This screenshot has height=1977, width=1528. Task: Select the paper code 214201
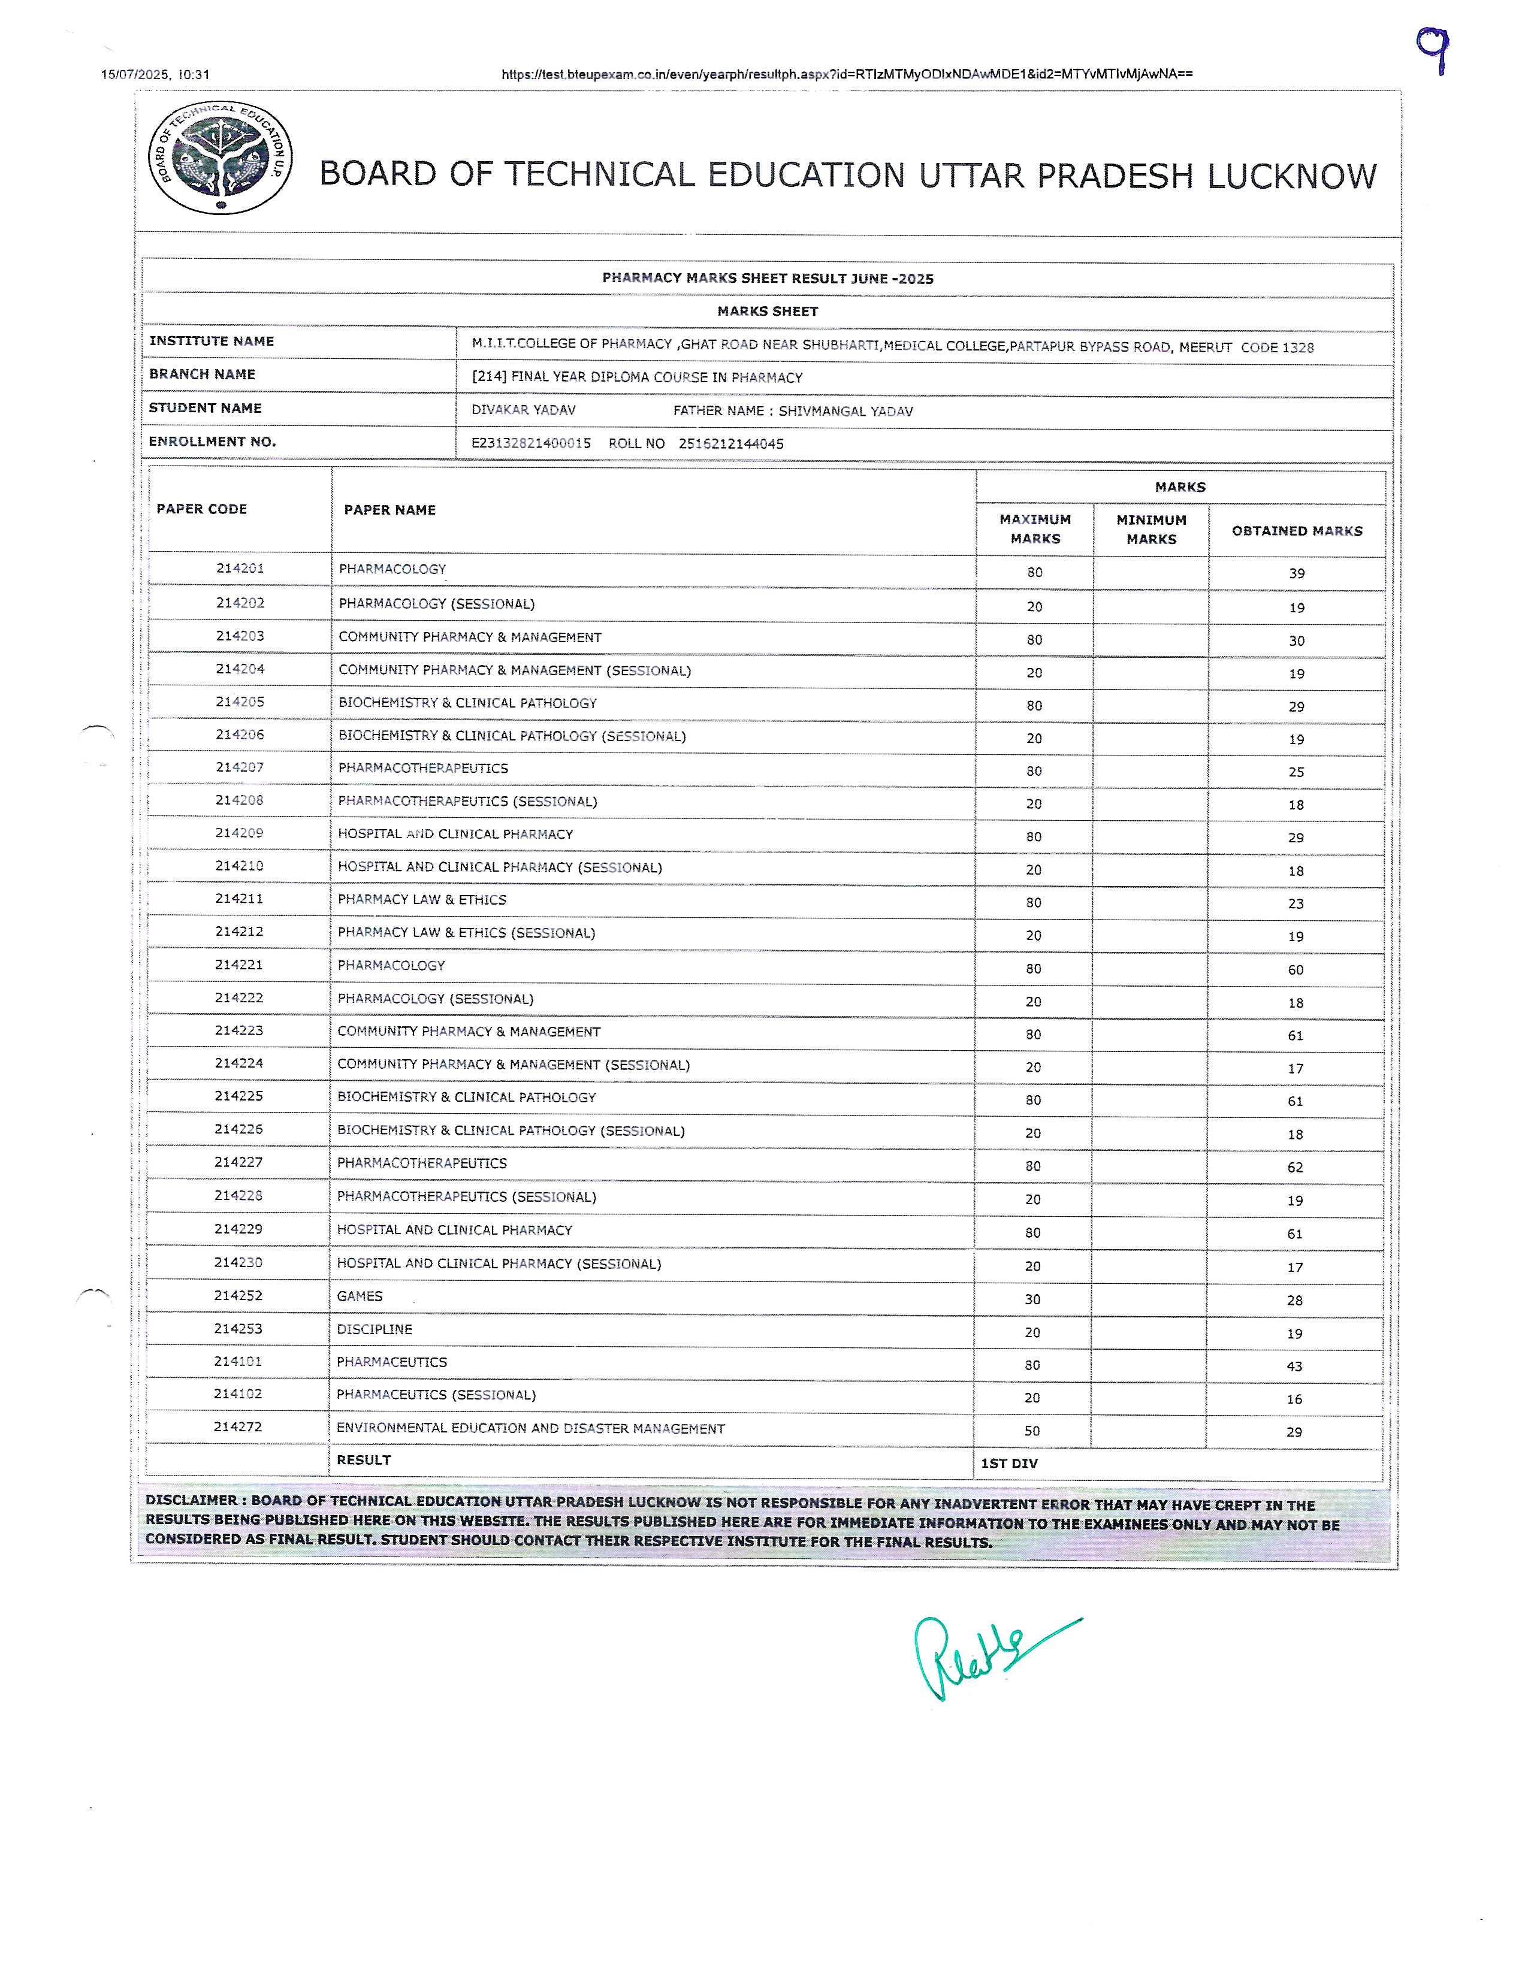click(x=240, y=569)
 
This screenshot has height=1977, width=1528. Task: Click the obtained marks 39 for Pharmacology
click(x=1296, y=573)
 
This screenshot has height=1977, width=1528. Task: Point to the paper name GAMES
click(x=360, y=1296)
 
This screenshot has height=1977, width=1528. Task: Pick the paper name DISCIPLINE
click(x=374, y=1329)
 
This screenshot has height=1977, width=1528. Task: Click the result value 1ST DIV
click(x=1009, y=1463)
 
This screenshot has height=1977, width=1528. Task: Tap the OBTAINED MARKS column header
click(x=1296, y=530)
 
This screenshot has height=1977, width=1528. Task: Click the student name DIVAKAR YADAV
click(x=523, y=410)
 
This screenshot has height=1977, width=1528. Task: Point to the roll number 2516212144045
click(x=730, y=443)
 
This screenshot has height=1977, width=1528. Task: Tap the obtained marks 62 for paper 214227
click(x=1294, y=1168)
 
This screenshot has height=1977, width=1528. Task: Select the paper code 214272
click(x=238, y=1426)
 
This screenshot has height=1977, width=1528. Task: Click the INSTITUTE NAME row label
click(x=211, y=341)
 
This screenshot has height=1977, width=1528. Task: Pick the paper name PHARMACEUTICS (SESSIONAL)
click(x=436, y=1395)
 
